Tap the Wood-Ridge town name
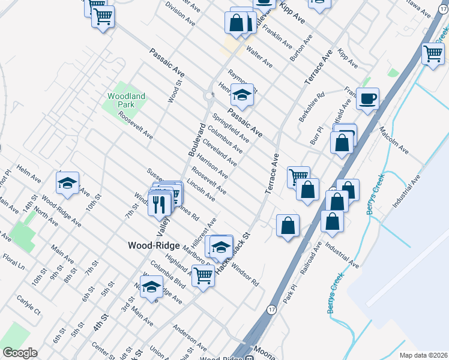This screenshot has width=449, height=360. click(x=152, y=245)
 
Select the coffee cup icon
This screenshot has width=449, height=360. click(x=367, y=98)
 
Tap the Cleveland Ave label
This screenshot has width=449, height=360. click(x=219, y=153)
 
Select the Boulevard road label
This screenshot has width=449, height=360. click(x=197, y=139)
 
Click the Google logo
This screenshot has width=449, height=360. click(x=19, y=353)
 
